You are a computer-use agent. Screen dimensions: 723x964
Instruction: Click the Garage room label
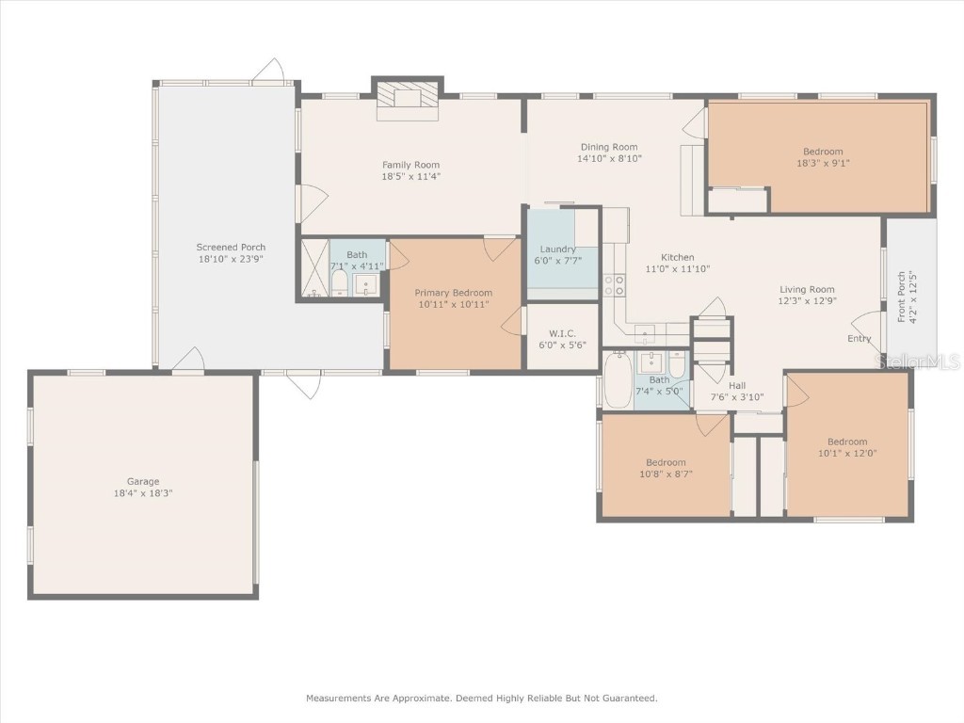pyautogui.click(x=143, y=481)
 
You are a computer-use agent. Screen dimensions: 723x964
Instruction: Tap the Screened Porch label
pyautogui.click(x=231, y=248)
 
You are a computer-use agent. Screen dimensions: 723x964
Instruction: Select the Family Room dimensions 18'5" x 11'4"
pyautogui.click(x=410, y=176)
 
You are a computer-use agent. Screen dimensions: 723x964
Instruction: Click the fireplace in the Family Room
pyautogui.click(x=408, y=99)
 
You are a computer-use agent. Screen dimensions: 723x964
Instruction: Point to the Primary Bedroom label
pyautogui.click(x=454, y=293)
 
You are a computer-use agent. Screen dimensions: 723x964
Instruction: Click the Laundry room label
pyautogui.click(x=557, y=249)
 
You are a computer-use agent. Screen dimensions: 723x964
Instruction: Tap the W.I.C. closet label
pyautogui.click(x=562, y=333)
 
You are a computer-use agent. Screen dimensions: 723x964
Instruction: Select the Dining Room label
pyautogui.click(x=608, y=147)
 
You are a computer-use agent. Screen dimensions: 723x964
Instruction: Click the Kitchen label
pyautogui.click(x=677, y=257)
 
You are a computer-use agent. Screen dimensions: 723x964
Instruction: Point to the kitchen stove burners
pyautogui.click(x=613, y=285)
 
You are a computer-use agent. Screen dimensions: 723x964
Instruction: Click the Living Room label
pyautogui.click(x=807, y=290)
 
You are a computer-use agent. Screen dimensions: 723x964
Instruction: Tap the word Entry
pyautogui.click(x=860, y=339)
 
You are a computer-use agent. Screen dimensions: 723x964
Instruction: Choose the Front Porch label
pyautogui.click(x=901, y=297)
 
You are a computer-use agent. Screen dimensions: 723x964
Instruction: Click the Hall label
pyautogui.click(x=736, y=385)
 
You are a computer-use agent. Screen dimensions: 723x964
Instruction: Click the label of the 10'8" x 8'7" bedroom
pyautogui.click(x=666, y=462)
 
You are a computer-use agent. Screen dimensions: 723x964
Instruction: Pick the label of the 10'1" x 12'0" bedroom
pyautogui.click(x=847, y=442)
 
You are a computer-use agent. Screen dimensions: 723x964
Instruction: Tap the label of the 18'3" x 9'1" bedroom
pyautogui.click(x=823, y=152)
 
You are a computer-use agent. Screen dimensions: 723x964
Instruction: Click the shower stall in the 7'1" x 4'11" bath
pyautogui.click(x=313, y=268)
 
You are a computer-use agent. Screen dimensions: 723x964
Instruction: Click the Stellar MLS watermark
pyautogui.click(x=917, y=361)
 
